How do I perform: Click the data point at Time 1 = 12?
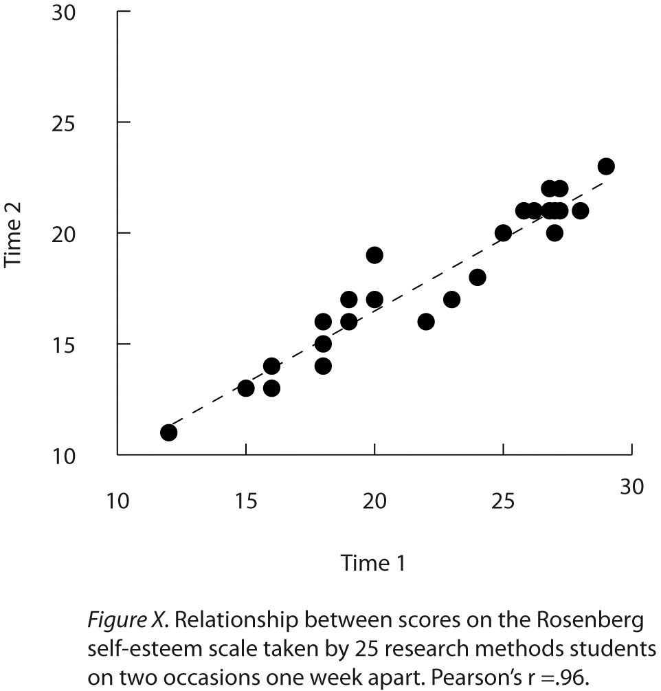(168, 432)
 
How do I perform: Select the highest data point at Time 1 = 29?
(606, 166)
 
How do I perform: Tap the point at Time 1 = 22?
(426, 322)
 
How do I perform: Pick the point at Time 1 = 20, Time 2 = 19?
(374, 255)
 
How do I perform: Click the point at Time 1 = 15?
(246, 388)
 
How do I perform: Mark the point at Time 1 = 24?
(478, 277)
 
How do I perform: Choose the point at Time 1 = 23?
(451, 300)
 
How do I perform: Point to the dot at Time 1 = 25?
(503, 233)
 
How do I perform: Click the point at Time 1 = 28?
(580, 210)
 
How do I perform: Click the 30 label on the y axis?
(63, 13)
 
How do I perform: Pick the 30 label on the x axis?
(631, 487)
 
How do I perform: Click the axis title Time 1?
(373, 564)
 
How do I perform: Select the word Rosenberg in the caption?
(593, 622)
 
